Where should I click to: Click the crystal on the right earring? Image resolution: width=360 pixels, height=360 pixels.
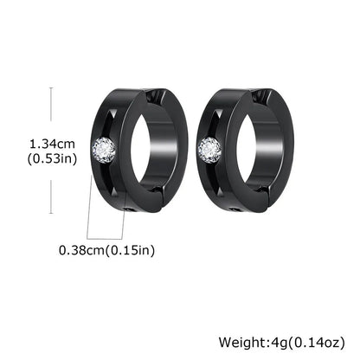click(x=209, y=150)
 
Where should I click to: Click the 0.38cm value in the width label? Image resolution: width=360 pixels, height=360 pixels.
click(x=84, y=251)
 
